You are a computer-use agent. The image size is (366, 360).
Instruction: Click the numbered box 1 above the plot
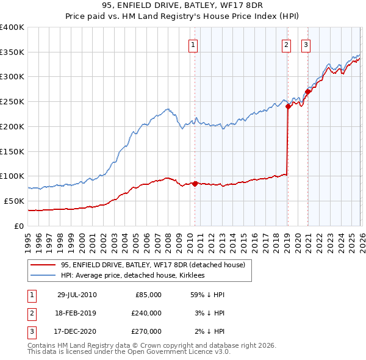coord(193,44)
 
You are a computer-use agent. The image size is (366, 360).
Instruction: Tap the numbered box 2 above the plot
coord(286,44)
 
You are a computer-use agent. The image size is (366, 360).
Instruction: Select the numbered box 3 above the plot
coord(305,44)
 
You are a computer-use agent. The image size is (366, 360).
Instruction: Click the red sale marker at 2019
coord(287,106)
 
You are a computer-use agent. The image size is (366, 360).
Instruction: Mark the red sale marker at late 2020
coord(307,92)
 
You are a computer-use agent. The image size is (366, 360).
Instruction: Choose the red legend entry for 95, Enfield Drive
coord(152,265)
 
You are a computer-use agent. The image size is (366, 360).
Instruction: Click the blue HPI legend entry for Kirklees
coord(134,275)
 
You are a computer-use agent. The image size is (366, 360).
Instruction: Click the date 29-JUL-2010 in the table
coord(77,295)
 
